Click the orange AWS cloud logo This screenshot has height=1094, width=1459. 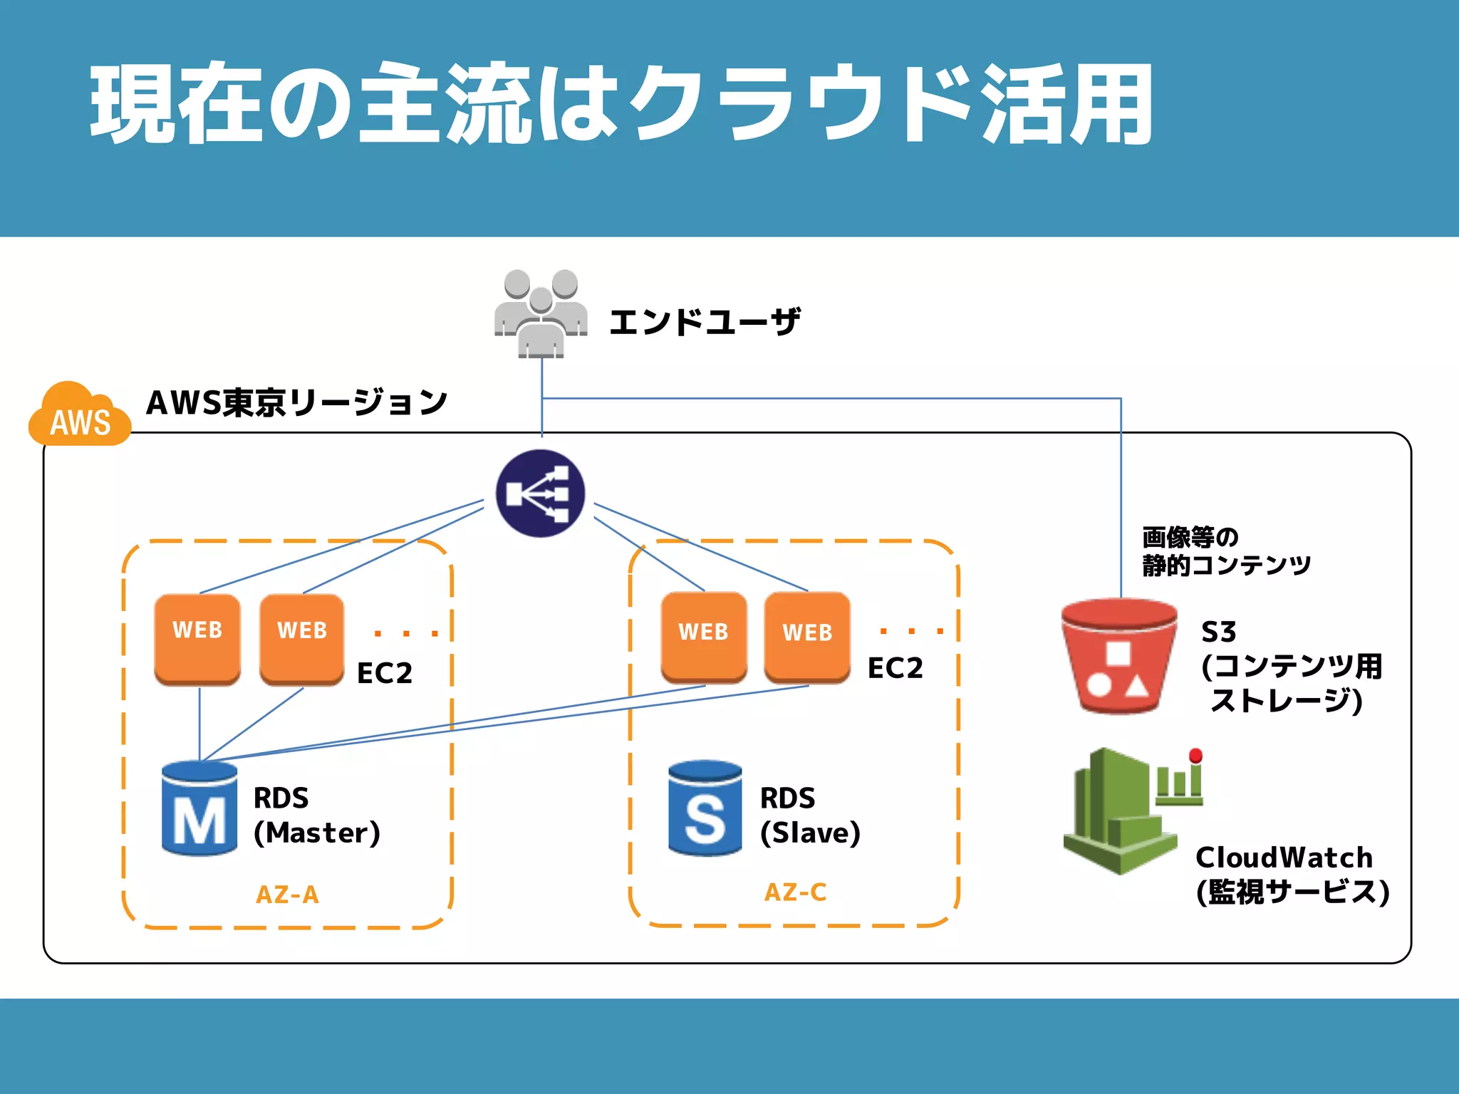(x=80, y=417)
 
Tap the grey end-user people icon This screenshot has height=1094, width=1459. (x=541, y=313)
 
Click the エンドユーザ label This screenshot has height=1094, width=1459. (x=705, y=322)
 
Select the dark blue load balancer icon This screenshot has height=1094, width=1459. (x=541, y=493)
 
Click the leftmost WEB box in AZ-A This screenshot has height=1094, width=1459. (x=197, y=638)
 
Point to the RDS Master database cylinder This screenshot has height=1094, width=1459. (x=199, y=808)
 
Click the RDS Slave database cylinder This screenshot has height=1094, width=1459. (x=705, y=808)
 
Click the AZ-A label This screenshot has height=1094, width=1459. (x=287, y=895)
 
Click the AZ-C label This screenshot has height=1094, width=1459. (x=795, y=892)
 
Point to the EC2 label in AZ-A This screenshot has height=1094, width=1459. (x=385, y=673)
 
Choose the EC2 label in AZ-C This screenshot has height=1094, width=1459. (x=895, y=668)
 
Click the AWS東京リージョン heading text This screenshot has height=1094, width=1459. (x=296, y=403)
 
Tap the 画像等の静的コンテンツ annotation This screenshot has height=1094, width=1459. (x=1225, y=551)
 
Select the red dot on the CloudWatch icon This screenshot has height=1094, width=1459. (x=1196, y=755)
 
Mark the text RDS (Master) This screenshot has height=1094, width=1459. (x=316, y=816)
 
